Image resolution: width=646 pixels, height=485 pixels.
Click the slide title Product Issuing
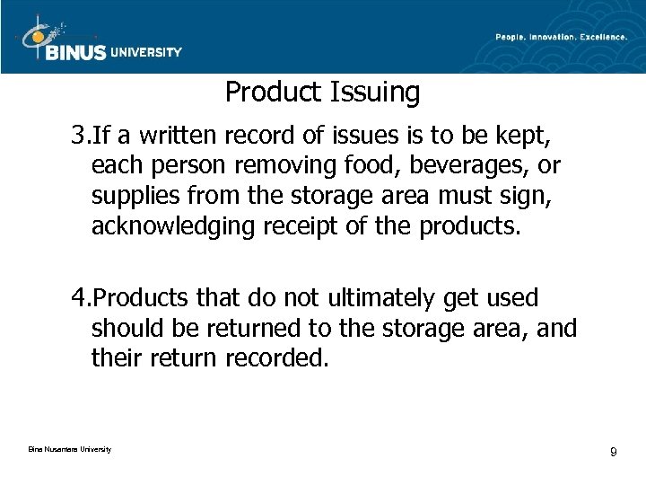point(322,92)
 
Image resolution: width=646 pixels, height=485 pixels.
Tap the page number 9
point(613,452)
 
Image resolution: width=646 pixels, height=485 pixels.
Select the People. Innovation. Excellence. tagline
point(562,37)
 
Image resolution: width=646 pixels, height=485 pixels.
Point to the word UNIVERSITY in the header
point(145,52)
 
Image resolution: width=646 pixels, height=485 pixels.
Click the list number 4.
point(79,298)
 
